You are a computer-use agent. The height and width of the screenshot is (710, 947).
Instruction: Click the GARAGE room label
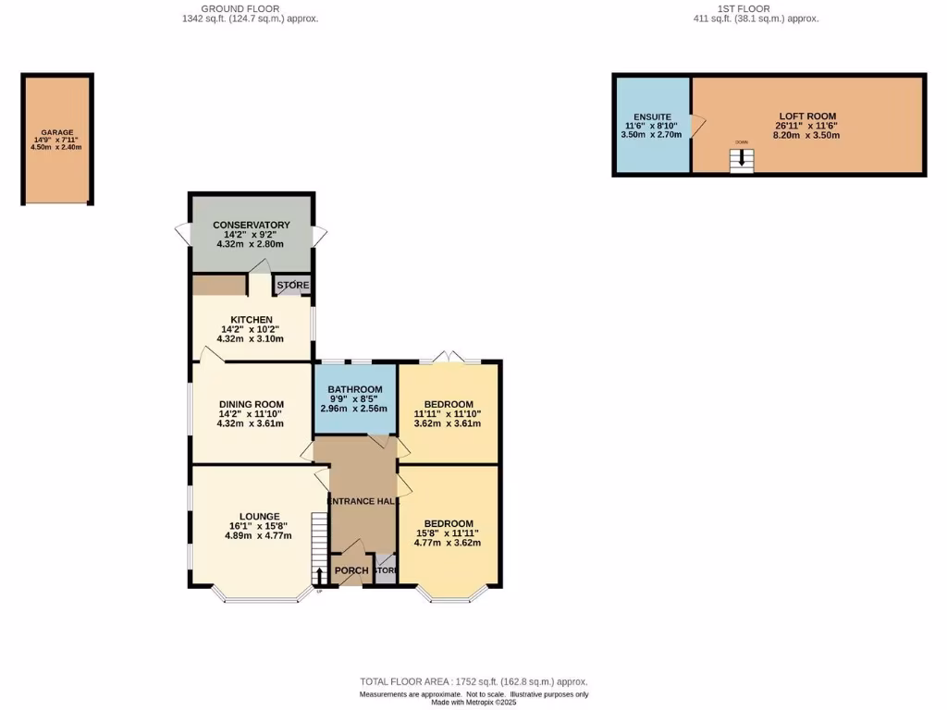coord(56,132)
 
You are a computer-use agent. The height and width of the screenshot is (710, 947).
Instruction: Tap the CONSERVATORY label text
coord(251,225)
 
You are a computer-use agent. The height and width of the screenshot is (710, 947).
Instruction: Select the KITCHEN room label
coord(251,320)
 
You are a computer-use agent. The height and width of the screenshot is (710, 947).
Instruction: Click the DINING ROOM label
coord(251,404)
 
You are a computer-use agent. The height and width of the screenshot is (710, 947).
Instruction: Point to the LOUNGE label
coord(259,516)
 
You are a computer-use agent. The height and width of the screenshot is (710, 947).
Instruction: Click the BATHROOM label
coord(355,389)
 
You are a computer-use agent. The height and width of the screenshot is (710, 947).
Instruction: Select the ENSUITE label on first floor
coord(651,116)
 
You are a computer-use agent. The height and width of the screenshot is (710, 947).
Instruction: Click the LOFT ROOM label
coord(806,116)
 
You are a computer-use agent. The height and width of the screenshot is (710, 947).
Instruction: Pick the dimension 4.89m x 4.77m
coord(259,535)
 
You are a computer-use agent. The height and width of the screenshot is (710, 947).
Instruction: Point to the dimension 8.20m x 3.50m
coord(806,135)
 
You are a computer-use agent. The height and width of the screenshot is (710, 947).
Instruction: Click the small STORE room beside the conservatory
coord(293,286)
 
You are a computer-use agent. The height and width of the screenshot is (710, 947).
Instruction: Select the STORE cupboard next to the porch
coord(386,571)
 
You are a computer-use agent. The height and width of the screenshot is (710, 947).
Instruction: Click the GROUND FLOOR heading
coord(250,8)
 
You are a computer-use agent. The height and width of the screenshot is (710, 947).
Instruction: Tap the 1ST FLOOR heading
coord(756,8)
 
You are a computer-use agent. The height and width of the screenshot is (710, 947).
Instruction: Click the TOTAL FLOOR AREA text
coord(473,681)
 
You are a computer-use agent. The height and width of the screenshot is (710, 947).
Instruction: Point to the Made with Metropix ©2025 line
coord(473,703)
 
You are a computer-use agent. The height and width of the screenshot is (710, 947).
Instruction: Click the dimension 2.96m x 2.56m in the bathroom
coord(355,409)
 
